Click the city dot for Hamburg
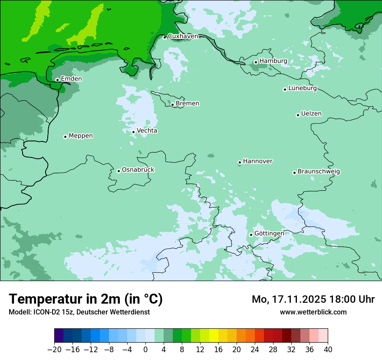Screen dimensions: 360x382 256,62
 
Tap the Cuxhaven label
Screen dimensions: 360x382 183,36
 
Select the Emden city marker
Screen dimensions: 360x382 57,80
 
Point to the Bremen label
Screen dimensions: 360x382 188,104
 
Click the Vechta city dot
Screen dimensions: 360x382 133,132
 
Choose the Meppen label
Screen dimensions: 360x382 81,136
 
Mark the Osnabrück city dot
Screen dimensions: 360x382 119,171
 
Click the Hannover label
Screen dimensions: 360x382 257,161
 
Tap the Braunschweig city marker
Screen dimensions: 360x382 294,173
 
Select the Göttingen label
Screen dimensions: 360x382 269,233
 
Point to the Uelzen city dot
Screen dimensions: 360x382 298,115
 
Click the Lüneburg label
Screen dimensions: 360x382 303,88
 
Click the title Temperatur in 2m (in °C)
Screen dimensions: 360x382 86,299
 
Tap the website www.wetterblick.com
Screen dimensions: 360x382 313,312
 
